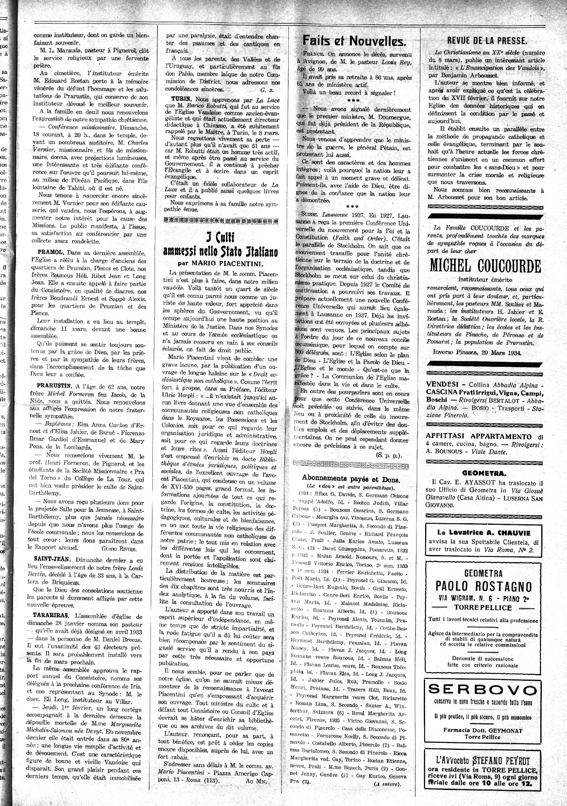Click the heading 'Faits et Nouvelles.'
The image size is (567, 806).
(354, 41)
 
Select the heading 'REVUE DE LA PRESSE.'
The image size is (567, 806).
(487, 41)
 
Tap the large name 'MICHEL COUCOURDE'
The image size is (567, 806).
(485, 267)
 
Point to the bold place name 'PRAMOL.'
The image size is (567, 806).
(51, 253)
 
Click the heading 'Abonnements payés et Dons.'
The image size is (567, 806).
(351, 479)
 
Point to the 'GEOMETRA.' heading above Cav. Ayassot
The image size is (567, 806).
(484, 473)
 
